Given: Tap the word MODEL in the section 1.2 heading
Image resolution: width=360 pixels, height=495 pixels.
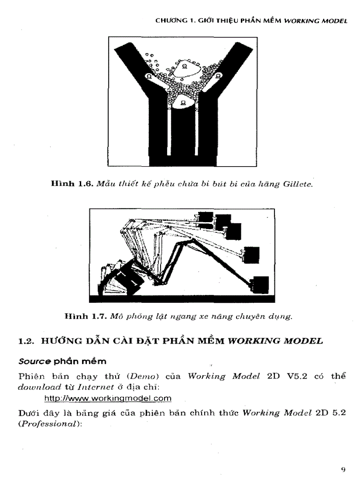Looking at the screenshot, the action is pos(303,341).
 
